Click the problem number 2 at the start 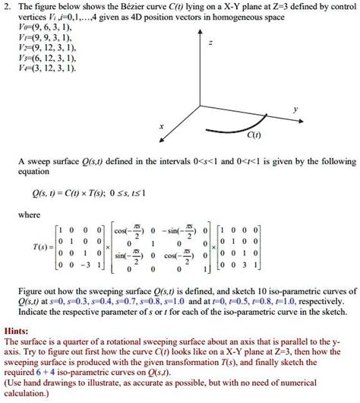6,7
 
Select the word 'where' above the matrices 36,215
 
